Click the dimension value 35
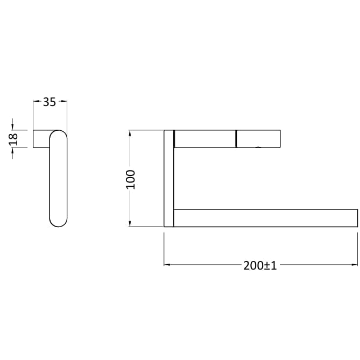tap(50, 102)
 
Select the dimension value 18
tap(15, 139)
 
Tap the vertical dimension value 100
tap(131, 179)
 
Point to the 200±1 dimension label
tap(260, 265)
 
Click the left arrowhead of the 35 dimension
tap(36, 101)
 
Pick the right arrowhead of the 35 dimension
tap(64, 101)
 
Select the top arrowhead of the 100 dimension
tap(130, 133)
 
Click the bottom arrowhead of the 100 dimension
tap(130, 224)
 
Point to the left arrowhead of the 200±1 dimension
tap(167, 265)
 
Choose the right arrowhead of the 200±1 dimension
tap(354, 265)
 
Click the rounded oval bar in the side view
tap(59, 178)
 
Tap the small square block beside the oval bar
tap(41, 139)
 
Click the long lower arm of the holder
tap(265, 218)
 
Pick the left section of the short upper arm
tap(204, 138)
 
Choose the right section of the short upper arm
tap(258, 138)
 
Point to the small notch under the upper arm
tap(259, 147)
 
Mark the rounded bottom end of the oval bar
tap(59, 221)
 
